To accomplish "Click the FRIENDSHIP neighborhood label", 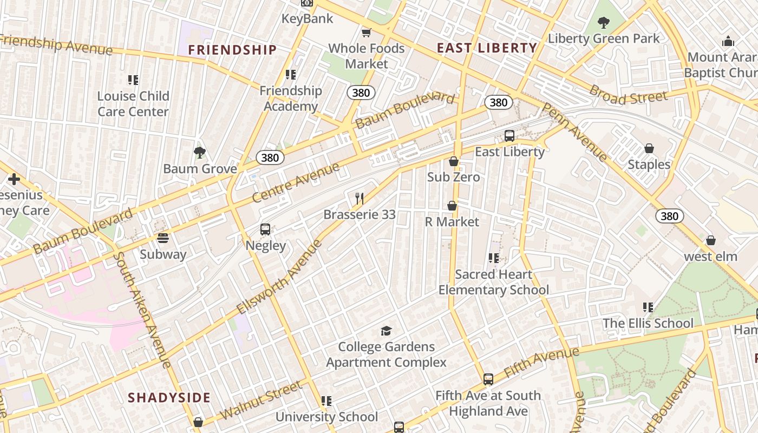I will click(232, 50).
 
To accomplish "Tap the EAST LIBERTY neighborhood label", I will click(487, 48).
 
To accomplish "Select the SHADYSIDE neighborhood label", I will click(169, 398).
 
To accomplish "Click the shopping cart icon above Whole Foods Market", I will click(367, 32).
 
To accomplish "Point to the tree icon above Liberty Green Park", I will click(603, 23).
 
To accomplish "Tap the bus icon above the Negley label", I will click(265, 229).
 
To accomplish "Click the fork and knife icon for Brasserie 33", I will click(359, 198).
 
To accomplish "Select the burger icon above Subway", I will click(162, 238).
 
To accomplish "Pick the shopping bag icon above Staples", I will click(649, 148).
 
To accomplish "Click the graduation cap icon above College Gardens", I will click(386, 330).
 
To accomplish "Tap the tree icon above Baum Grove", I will click(200, 153).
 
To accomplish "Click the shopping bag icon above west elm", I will click(710, 240).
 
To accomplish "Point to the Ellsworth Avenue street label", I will click(279, 277).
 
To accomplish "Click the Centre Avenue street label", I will click(296, 182).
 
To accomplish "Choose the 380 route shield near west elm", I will click(669, 216).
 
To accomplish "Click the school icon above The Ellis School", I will click(648, 307).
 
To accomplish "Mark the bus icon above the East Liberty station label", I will click(509, 136).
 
